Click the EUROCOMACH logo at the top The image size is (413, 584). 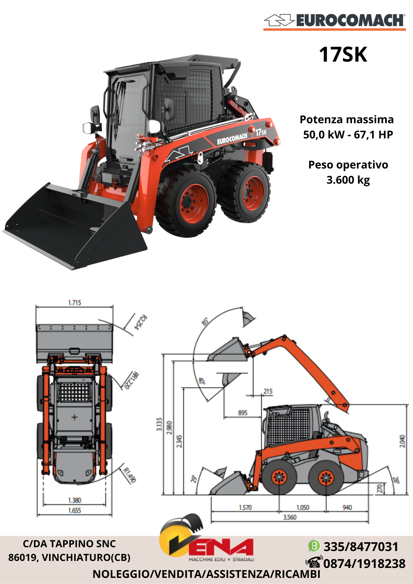(334, 21)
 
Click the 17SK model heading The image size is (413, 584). (343, 55)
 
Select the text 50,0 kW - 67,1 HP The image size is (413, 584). (348, 135)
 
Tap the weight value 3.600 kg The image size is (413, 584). (348, 180)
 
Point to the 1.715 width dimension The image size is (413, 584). (74, 303)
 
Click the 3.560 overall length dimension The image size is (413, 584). (290, 517)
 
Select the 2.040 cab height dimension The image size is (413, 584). (402, 441)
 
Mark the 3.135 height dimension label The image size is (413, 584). (159, 424)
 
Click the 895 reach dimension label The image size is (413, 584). (242, 413)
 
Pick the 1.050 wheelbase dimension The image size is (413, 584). (303, 507)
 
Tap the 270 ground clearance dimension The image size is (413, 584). (380, 489)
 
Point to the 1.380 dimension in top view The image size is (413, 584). (74, 500)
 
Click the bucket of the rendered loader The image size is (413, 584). (73, 225)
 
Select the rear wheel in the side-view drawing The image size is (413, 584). (326, 478)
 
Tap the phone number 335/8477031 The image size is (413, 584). (361, 547)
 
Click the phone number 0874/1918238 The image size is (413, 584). (364, 564)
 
